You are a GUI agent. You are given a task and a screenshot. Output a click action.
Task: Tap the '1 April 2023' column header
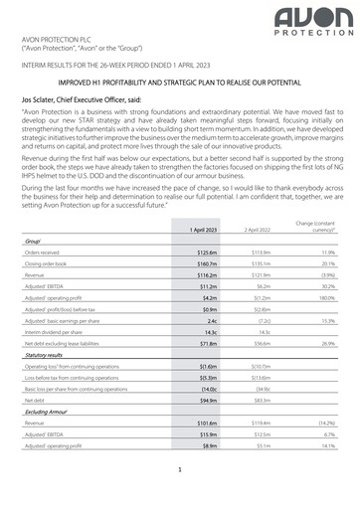coord(203,231)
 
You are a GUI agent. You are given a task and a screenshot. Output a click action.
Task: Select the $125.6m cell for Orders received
coord(205,254)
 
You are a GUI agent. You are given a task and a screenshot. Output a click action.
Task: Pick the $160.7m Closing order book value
coord(205,265)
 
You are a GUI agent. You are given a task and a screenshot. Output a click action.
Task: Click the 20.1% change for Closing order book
coord(324,265)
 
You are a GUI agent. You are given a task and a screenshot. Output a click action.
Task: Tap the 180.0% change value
coord(323,296)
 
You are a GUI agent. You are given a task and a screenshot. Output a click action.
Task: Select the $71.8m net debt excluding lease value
coord(206,341)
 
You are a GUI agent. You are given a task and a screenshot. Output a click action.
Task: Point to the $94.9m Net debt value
coord(206,399)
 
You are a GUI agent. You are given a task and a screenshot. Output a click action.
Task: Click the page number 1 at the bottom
coord(180,469)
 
